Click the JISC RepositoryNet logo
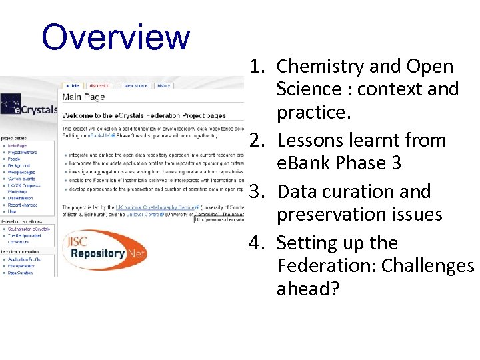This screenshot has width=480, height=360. tap(104, 247)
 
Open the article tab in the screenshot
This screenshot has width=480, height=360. tap(71, 85)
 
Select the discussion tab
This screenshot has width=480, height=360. tap(101, 85)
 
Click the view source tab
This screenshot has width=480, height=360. tap(136, 85)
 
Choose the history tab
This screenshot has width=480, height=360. tap(163, 85)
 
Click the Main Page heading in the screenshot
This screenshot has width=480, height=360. tap(83, 97)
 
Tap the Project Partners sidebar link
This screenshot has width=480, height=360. tap(23, 153)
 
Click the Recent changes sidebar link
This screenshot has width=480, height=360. tap(23, 205)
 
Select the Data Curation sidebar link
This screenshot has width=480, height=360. tap(20, 273)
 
